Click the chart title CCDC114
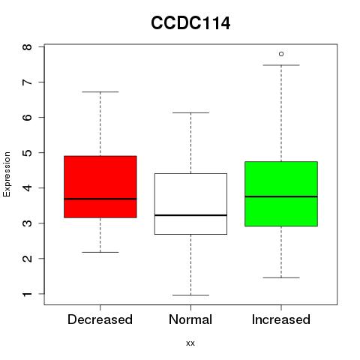pyautogui.click(x=190, y=23)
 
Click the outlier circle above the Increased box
pyautogui.click(x=281, y=54)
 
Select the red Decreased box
pyautogui.click(x=100, y=187)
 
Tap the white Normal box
pyautogui.click(x=190, y=204)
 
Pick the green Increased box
pyautogui.click(x=281, y=193)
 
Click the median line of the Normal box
pyautogui.click(x=190, y=215)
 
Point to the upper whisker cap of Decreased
pyautogui.click(x=100, y=91)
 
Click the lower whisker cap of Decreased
pyautogui.click(x=100, y=252)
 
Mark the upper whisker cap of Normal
pyautogui.click(x=190, y=112)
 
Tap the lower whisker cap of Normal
pyautogui.click(x=190, y=295)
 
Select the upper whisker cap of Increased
pyautogui.click(x=281, y=65)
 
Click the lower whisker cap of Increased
pyautogui.click(x=281, y=277)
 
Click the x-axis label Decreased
pyautogui.click(x=100, y=319)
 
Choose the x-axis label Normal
pyautogui.click(x=190, y=319)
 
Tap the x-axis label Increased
pyautogui.click(x=281, y=319)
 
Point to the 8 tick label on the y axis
pyautogui.click(x=28, y=47)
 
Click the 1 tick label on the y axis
pyautogui.click(x=28, y=294)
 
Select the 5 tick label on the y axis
pyautogui.click(x=28, y=153)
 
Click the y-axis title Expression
pyautogui.click(x=7, y=174)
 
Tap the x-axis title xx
pyautogui.click(x=190, y=343)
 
